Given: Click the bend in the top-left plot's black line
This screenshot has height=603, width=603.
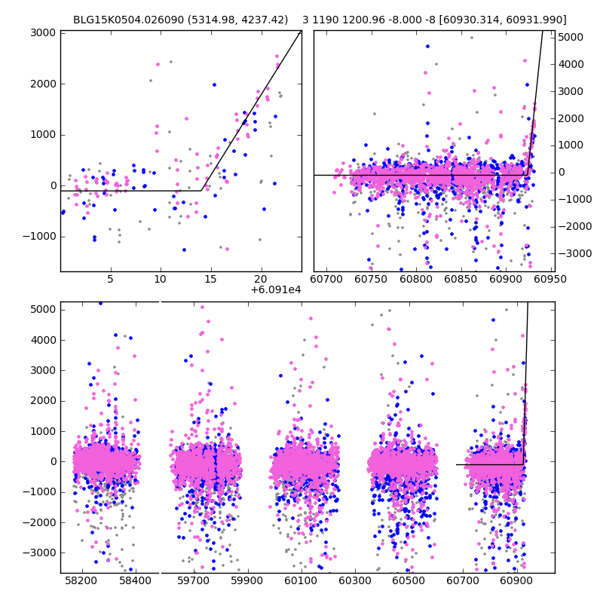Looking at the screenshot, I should [x=202, y=191].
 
